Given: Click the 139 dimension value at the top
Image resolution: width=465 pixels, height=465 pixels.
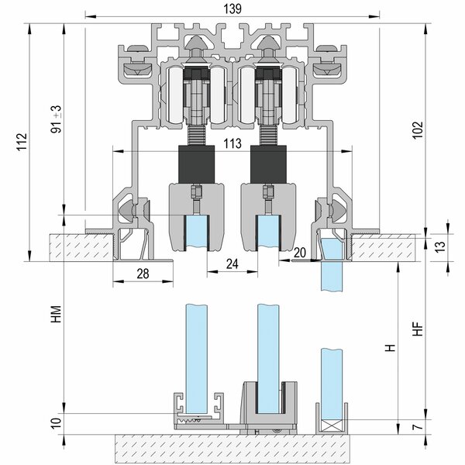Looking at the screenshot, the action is click(232, 9).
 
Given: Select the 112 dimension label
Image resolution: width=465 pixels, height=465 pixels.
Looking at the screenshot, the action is click(22, 142).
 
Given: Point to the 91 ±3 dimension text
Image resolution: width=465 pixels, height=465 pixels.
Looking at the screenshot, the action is click(56, 119).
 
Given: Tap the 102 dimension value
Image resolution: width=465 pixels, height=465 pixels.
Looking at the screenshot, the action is click(418, 129).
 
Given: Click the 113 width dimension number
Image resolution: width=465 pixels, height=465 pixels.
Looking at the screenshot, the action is click(232, 143).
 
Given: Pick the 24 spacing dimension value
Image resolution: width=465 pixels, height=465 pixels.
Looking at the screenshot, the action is click(232, 263).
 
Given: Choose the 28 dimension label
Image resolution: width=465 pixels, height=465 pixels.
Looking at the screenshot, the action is click(143, 274).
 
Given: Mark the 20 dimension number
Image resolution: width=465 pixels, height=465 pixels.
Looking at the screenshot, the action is click(299, 253).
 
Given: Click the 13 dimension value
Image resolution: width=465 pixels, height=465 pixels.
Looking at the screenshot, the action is click(441, 246).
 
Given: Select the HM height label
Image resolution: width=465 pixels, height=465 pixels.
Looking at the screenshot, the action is click(56, 314).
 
